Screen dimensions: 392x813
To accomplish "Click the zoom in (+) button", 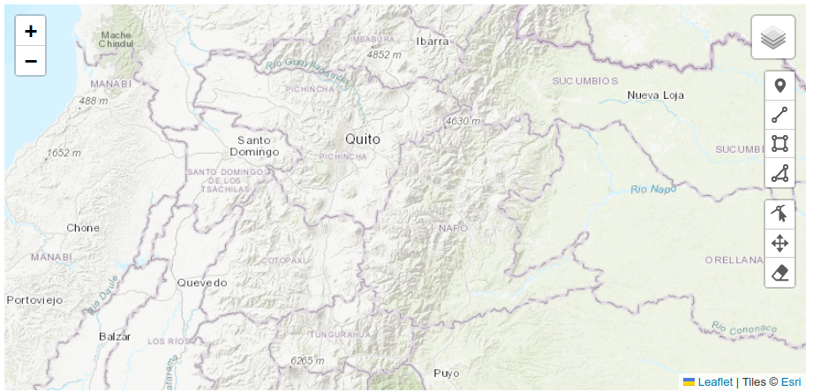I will pos(31,32).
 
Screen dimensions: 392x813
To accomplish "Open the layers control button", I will pos(773,38).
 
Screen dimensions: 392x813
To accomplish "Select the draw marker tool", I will pos(779,87).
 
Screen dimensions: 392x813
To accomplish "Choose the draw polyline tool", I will pos(779,115).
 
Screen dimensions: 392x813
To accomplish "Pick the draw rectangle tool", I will pos(779,144).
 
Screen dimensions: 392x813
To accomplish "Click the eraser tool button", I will pos(779,273).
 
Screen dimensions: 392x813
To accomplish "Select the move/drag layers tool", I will pos(779,244).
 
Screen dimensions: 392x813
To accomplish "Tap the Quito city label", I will pos(363,139).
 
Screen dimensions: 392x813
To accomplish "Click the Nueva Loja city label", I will pos(657,94).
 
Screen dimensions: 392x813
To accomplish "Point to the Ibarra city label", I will pos(433,41).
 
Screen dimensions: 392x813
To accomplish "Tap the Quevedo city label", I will pos(202,283).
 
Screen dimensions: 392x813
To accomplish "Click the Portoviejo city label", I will pos(35,300).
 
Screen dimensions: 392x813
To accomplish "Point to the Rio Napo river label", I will pos(652,189).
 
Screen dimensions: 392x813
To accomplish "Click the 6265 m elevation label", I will pos(308,360).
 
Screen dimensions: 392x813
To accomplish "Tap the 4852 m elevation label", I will pos(385,55).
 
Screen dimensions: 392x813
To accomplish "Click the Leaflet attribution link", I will pos(715,382).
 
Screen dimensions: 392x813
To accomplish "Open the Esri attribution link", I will pos(791,382).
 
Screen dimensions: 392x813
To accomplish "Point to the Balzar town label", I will pos(115,336).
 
